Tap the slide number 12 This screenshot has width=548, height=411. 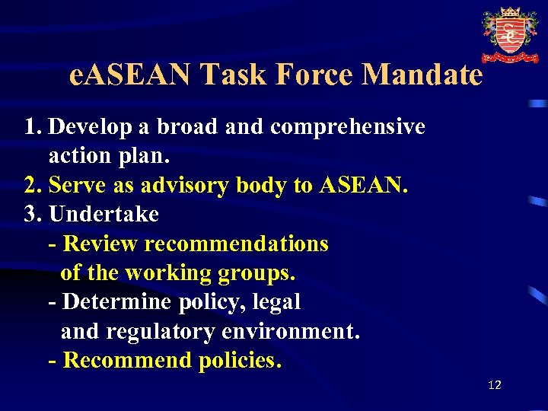click(495, 385)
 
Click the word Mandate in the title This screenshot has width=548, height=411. click(422, 75)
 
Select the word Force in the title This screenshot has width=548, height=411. click(317, 75)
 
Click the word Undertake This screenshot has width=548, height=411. click(104, 215)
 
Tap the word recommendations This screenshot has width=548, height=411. click(236, 244)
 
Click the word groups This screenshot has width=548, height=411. click(257, 273)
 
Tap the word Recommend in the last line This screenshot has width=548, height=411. click(128, 361)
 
